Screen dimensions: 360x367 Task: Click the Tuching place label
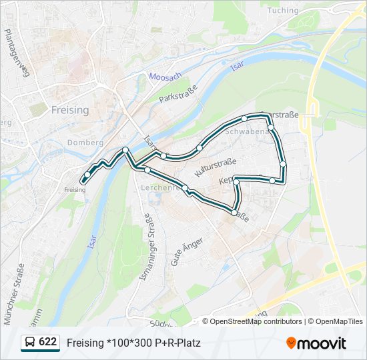click(x=282, y=10)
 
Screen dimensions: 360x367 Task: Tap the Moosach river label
click(x=165, y=77)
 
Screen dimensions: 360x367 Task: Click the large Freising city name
click(x=70, y=110)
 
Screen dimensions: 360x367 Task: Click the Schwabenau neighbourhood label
click(x=246, y=131)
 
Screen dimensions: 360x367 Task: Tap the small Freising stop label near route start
click(x=75, y=190)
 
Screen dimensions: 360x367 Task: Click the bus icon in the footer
click(x=30, y=343)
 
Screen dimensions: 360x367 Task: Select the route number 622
click(x=47, y=342)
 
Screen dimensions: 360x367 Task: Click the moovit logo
click(x=316, y=343)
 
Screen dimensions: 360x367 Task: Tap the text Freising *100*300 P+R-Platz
click(x=133, y=343)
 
